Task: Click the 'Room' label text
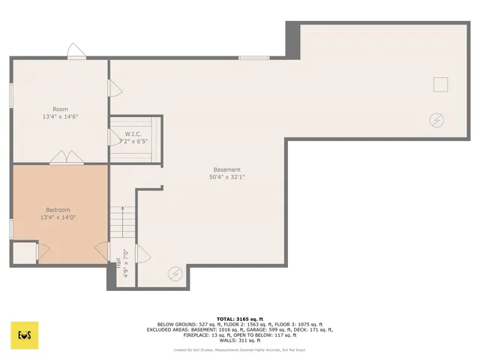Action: coord(60,109)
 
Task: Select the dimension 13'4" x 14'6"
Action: coord(60,117)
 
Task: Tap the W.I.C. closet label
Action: coord(133,134)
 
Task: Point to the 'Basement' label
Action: coord(227,169)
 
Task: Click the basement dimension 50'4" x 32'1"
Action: coord(227,177)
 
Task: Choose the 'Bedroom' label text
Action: coord(58,209)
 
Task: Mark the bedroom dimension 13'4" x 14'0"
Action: coord(58,217)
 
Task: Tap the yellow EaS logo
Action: coord(25,334)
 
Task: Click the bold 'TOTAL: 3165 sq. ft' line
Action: coord(240,319)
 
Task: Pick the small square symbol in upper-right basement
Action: coord(441,84)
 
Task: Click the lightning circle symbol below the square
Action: coord(436,119)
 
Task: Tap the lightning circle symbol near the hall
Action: coord(175,274)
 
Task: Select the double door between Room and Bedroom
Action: coord(66,158)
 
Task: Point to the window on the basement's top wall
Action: coord(253,58)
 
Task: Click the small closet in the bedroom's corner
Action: coord(24,253)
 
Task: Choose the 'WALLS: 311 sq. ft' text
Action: coord(240,340)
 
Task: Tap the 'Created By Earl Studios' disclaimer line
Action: coord(240,349)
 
